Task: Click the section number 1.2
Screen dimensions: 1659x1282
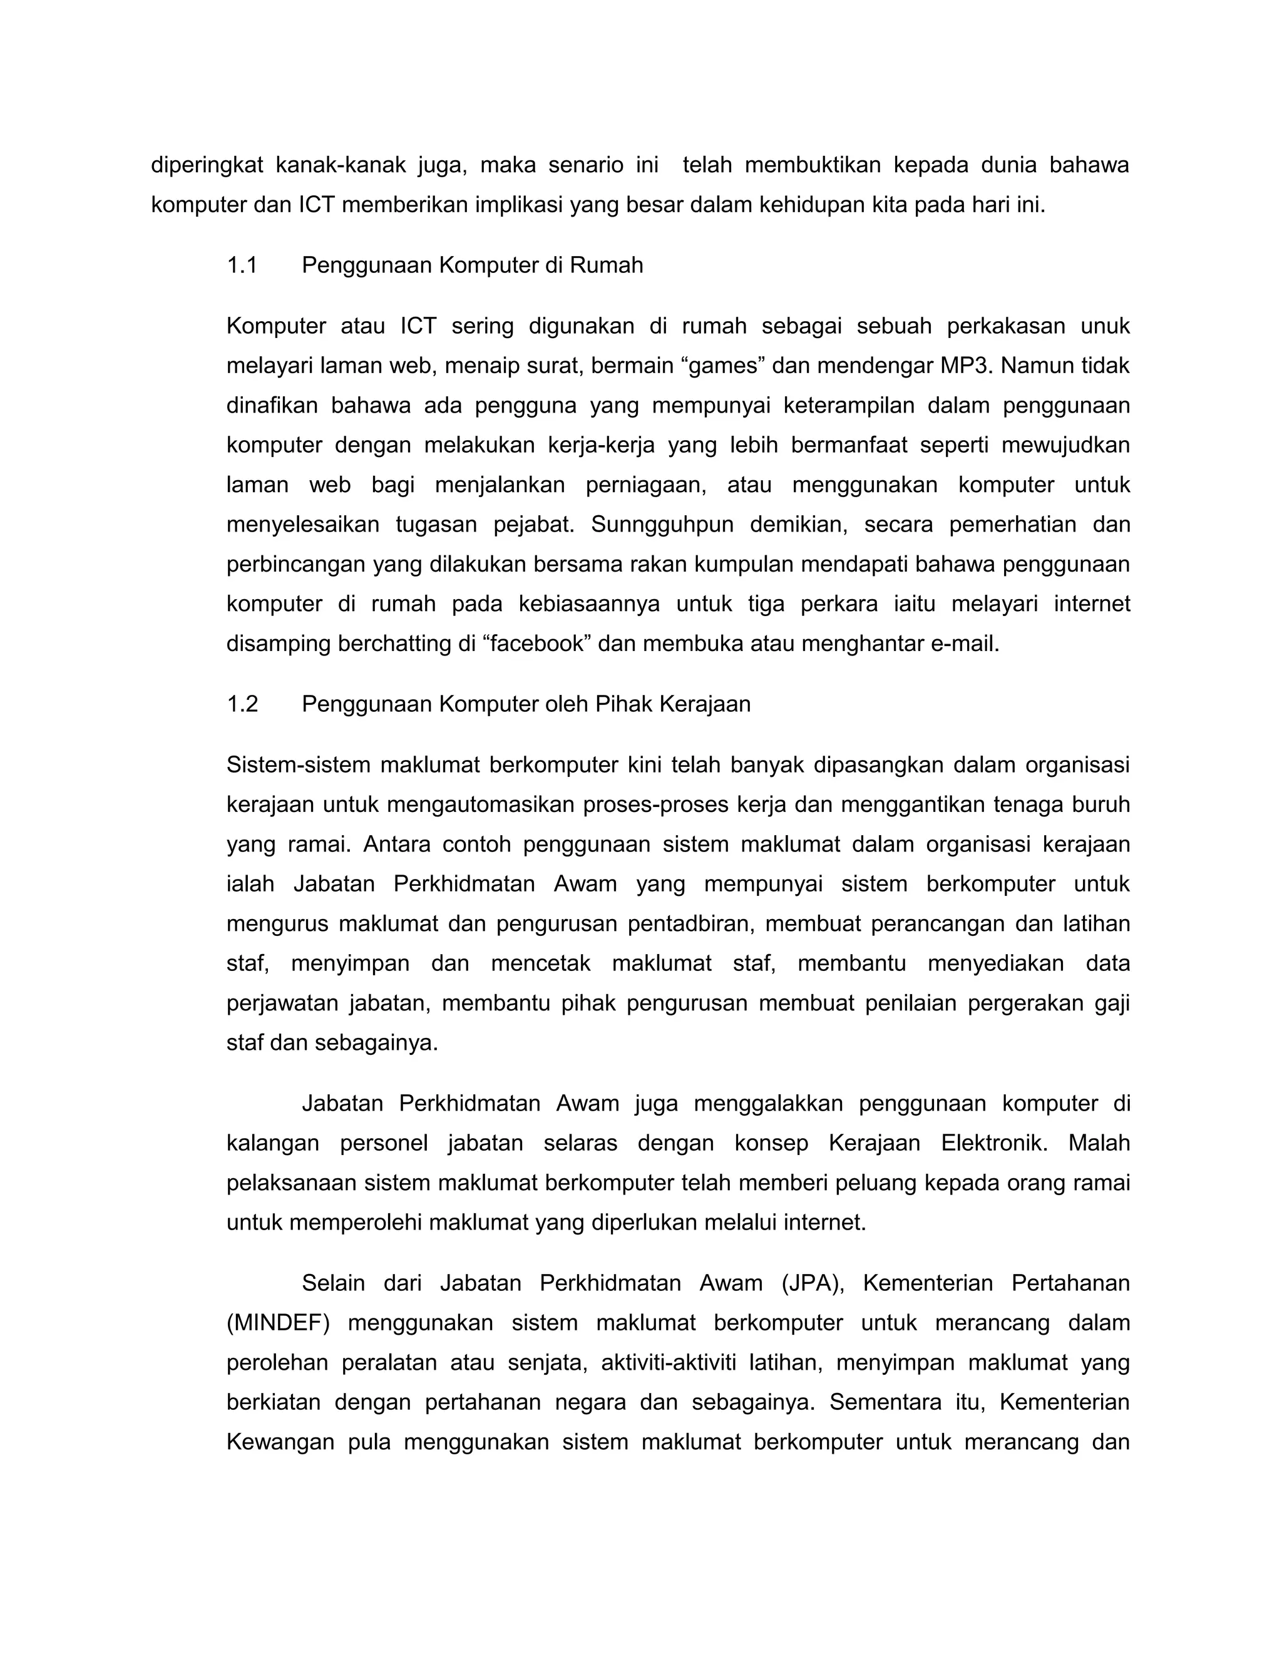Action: (x=242, y=704)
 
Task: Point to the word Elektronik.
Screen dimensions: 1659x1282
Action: (x=993, y=1143)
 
